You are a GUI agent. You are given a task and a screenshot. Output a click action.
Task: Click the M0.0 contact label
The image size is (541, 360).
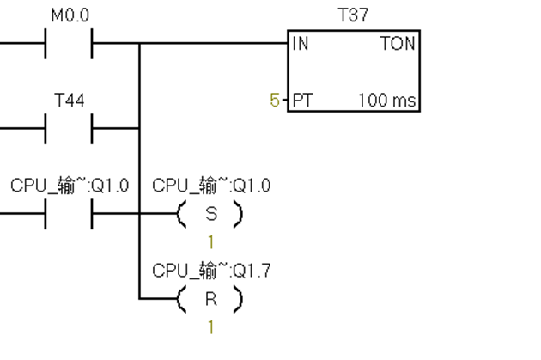pyautogui.click(x=70, y=15)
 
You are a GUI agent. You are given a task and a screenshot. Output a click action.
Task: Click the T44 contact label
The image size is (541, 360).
pyautogui.click(x=70, y=101)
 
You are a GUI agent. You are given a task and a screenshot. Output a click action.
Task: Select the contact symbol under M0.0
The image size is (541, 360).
pyautogui.click(x=70, y=43)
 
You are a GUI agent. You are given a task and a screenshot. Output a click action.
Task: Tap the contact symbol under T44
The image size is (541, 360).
pyautogui.click(x=70, y=128)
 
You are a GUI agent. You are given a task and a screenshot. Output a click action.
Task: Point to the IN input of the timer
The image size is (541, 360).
pyautogui.click(x=300, y=44)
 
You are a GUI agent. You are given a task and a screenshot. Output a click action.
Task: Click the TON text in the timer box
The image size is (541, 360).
pyautogui.click(x=398, y=44)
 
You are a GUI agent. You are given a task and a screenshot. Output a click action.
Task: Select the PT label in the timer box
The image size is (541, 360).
pyautogui.click(x=302, y=101)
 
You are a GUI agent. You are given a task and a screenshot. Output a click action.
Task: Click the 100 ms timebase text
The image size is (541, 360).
pyautogui.click(x=387, y=101)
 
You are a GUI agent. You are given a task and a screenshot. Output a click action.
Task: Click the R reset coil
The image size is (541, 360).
pyautogui.click(x=210, y=299)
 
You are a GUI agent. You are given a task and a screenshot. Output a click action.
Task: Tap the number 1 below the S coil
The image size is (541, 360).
pyautogui.click(x=210, y=242)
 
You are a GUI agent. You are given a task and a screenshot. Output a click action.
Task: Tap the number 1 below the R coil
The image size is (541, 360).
pyautogui.click(x=210, y=327)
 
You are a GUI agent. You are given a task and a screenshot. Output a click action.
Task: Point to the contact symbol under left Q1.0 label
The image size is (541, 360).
pyautogui.click(x=70, y=214)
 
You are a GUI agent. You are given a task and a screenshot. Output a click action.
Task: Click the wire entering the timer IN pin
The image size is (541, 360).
pyautogui.click(x=215, y=43)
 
